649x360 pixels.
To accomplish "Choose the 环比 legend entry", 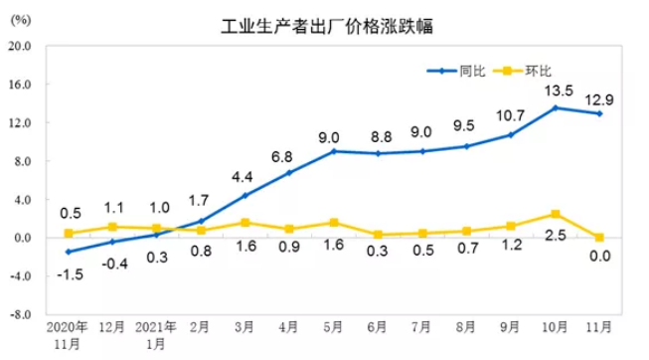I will click(537, 71).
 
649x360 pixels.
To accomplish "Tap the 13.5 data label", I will click(555, 90).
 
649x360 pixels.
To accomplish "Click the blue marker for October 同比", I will click(555, 107).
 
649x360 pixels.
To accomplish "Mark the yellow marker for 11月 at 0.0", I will click(598, 238).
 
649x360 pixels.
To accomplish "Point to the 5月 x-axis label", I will click(333, 326).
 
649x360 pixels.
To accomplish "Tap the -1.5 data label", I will click(68, 272).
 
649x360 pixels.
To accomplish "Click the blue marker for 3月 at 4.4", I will click(244, 195).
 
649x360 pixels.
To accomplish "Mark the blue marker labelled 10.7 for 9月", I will click(510, 135).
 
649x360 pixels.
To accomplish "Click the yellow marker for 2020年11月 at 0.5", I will click(68, 233).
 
